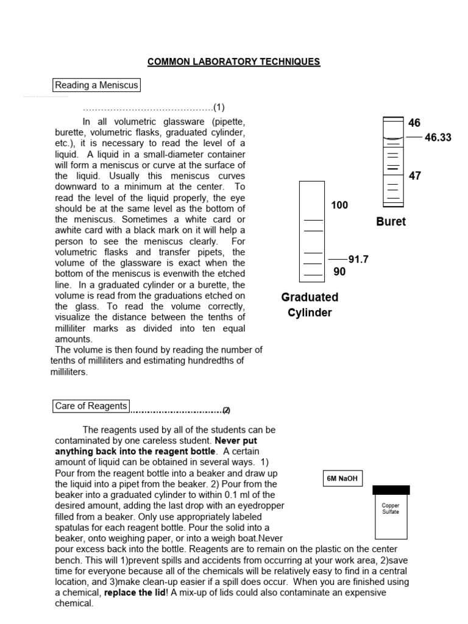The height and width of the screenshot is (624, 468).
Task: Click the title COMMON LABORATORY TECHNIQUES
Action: click(x=234, y=62)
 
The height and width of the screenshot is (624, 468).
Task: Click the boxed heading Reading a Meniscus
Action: click(x=96, y=85)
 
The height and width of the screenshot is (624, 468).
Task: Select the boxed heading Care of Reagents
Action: click(x=91, y=406)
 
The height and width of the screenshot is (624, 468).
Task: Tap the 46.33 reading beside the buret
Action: click(x=438, y=138)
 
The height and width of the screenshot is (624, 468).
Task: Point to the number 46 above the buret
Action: click(x=414, y=123)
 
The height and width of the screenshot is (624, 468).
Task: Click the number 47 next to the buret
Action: click(x=415, y=175)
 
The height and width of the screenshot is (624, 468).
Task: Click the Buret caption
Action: click(x=391, y=222)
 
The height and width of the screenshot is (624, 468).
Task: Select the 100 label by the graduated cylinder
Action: click(x=339, y=205)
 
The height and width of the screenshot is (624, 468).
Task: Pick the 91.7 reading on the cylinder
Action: click(x=358, y=259)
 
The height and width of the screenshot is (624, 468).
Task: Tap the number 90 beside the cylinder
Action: click(x=339, y=272)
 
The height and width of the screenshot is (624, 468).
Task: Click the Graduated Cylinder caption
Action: click(x=310, y=305)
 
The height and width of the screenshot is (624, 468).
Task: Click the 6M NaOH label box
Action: click(x=342, y=479)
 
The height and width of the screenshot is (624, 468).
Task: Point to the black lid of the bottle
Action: click(x=391, y=490)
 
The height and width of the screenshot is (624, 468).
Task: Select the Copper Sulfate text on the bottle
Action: click(x=391, y=509)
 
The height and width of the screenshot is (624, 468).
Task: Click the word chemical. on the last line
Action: click(x=74, y=603)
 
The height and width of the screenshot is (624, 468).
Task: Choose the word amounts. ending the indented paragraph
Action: click(x=74, y=339)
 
